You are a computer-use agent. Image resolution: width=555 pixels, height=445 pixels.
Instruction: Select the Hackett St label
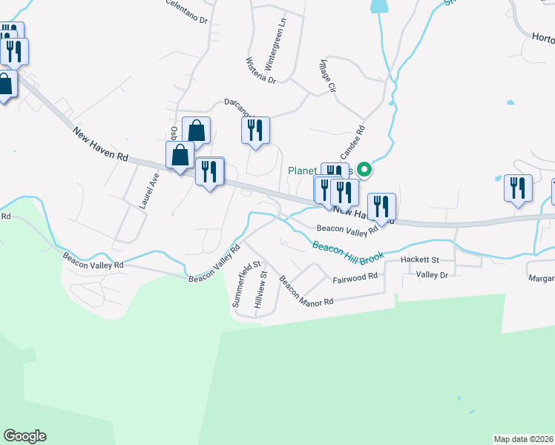(x=420, y=260)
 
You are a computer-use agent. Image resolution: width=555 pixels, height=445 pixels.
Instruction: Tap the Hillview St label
(x=260, y=289)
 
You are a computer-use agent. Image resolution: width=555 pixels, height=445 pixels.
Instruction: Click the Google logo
(x=24, y=436)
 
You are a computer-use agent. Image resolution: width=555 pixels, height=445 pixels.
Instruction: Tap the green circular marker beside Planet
(x=364, y=170)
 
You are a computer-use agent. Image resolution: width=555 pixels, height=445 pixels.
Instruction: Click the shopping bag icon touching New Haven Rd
(x=180, y=156)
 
